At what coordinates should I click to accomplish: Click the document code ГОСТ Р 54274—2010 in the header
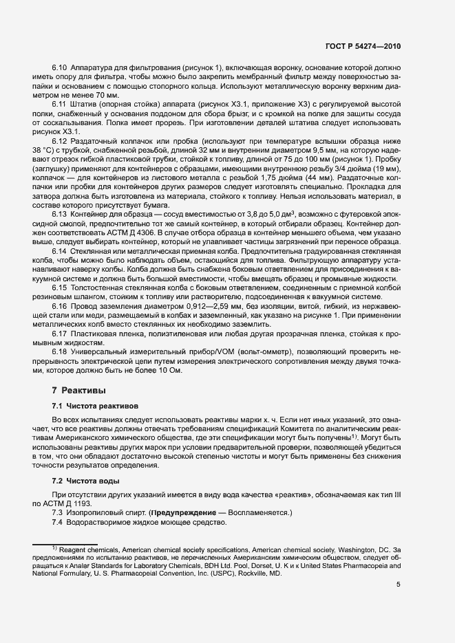[362, 46]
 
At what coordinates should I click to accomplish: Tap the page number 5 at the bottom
[399, 585]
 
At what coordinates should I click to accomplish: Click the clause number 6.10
[60, 68]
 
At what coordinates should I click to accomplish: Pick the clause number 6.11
[60, 104]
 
